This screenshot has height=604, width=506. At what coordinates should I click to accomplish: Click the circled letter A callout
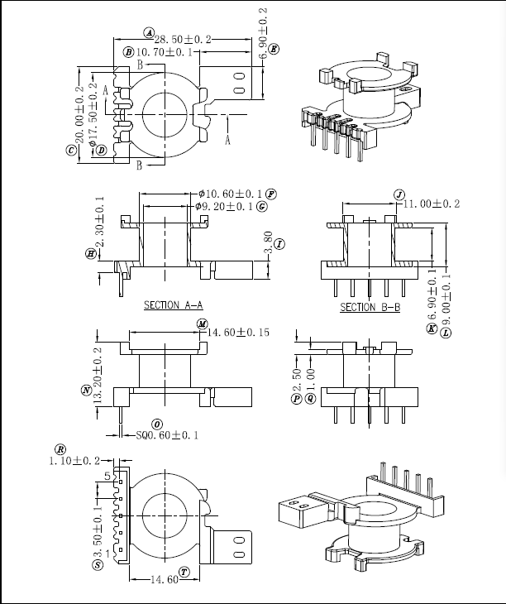pyautogui.click(x=149, y=32)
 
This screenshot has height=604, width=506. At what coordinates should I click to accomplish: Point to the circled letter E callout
pyautogui.click(x=274, y=49)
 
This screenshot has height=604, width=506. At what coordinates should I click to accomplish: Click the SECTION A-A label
pyautogui.click(x=173, y=305)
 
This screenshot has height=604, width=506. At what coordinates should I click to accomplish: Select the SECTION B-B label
pyautogui.click(x=370, y=307)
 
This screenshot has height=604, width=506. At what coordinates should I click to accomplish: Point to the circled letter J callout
pyautogui.click(x=399, y=195)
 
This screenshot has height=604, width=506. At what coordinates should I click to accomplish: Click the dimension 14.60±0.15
pyautogui.click(x=240, y=333)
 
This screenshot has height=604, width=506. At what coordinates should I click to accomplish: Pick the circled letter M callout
pyautogui.click(x=201, y=324)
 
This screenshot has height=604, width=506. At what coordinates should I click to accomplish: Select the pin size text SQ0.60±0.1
pyautogui.click(x=166, y=434)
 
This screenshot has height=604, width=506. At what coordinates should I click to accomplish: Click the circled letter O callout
pyautogui.click(x=157, y=424)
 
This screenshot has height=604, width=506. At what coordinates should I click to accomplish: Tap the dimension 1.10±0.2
pyautogui.click(x=74, y=460)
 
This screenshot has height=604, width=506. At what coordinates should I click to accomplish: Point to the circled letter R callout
pyautogui.click(x=60, y=448)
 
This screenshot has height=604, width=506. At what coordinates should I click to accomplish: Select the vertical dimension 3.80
pyautogui.click(x=268, y=242)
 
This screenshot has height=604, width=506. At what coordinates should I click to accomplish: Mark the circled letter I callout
pyautogui.click(x=279, y=244)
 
